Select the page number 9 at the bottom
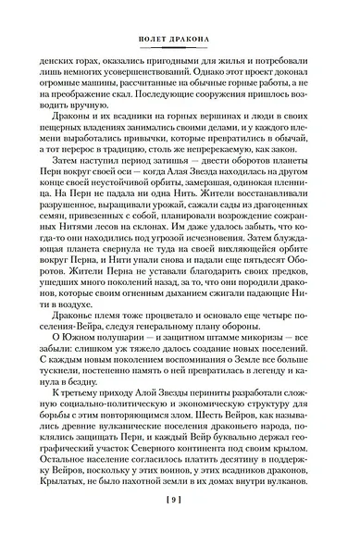click(x=179, y=526)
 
